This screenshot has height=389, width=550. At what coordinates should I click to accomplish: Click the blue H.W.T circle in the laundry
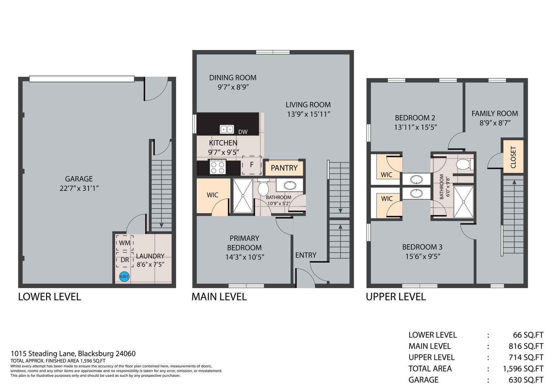[x=124, y=277]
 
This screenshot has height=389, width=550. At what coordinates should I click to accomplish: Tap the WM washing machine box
[x=125, y=243]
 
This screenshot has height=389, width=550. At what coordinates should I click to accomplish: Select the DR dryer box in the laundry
[x=125, y=260]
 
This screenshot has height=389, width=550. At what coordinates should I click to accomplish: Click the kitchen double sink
[x=227, y=129]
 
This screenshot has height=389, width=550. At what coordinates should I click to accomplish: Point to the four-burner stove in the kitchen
[x=218, y=167]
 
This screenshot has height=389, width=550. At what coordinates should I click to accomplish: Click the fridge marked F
[x=252, y=165]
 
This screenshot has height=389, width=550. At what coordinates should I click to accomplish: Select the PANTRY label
[x=284, y=168]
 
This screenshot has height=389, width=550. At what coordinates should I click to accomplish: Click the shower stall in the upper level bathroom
[x=464, y=202]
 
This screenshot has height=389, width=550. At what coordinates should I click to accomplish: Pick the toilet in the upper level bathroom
[x=464, y=164]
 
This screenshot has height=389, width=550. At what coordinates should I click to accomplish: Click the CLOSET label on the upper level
[x=513, y=157]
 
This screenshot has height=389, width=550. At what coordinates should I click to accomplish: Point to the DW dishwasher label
[x=243, y=132]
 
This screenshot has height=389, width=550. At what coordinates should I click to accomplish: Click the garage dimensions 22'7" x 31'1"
[x=79, y=188]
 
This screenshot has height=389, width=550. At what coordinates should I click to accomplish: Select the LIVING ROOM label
[x=308, y=105]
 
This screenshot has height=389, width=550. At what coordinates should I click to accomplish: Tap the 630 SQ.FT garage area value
[x=526, y=380]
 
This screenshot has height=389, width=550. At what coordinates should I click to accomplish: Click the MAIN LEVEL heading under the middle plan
[x=219, y=297]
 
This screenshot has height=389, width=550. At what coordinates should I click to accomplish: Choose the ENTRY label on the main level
[x=306, y=255]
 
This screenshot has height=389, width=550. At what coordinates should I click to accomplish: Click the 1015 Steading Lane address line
[x=73, y=354]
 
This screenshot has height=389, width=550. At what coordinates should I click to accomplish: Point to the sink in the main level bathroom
[x=290, y=185]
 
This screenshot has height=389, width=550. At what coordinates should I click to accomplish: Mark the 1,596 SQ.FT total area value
[x=523, y=368]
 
